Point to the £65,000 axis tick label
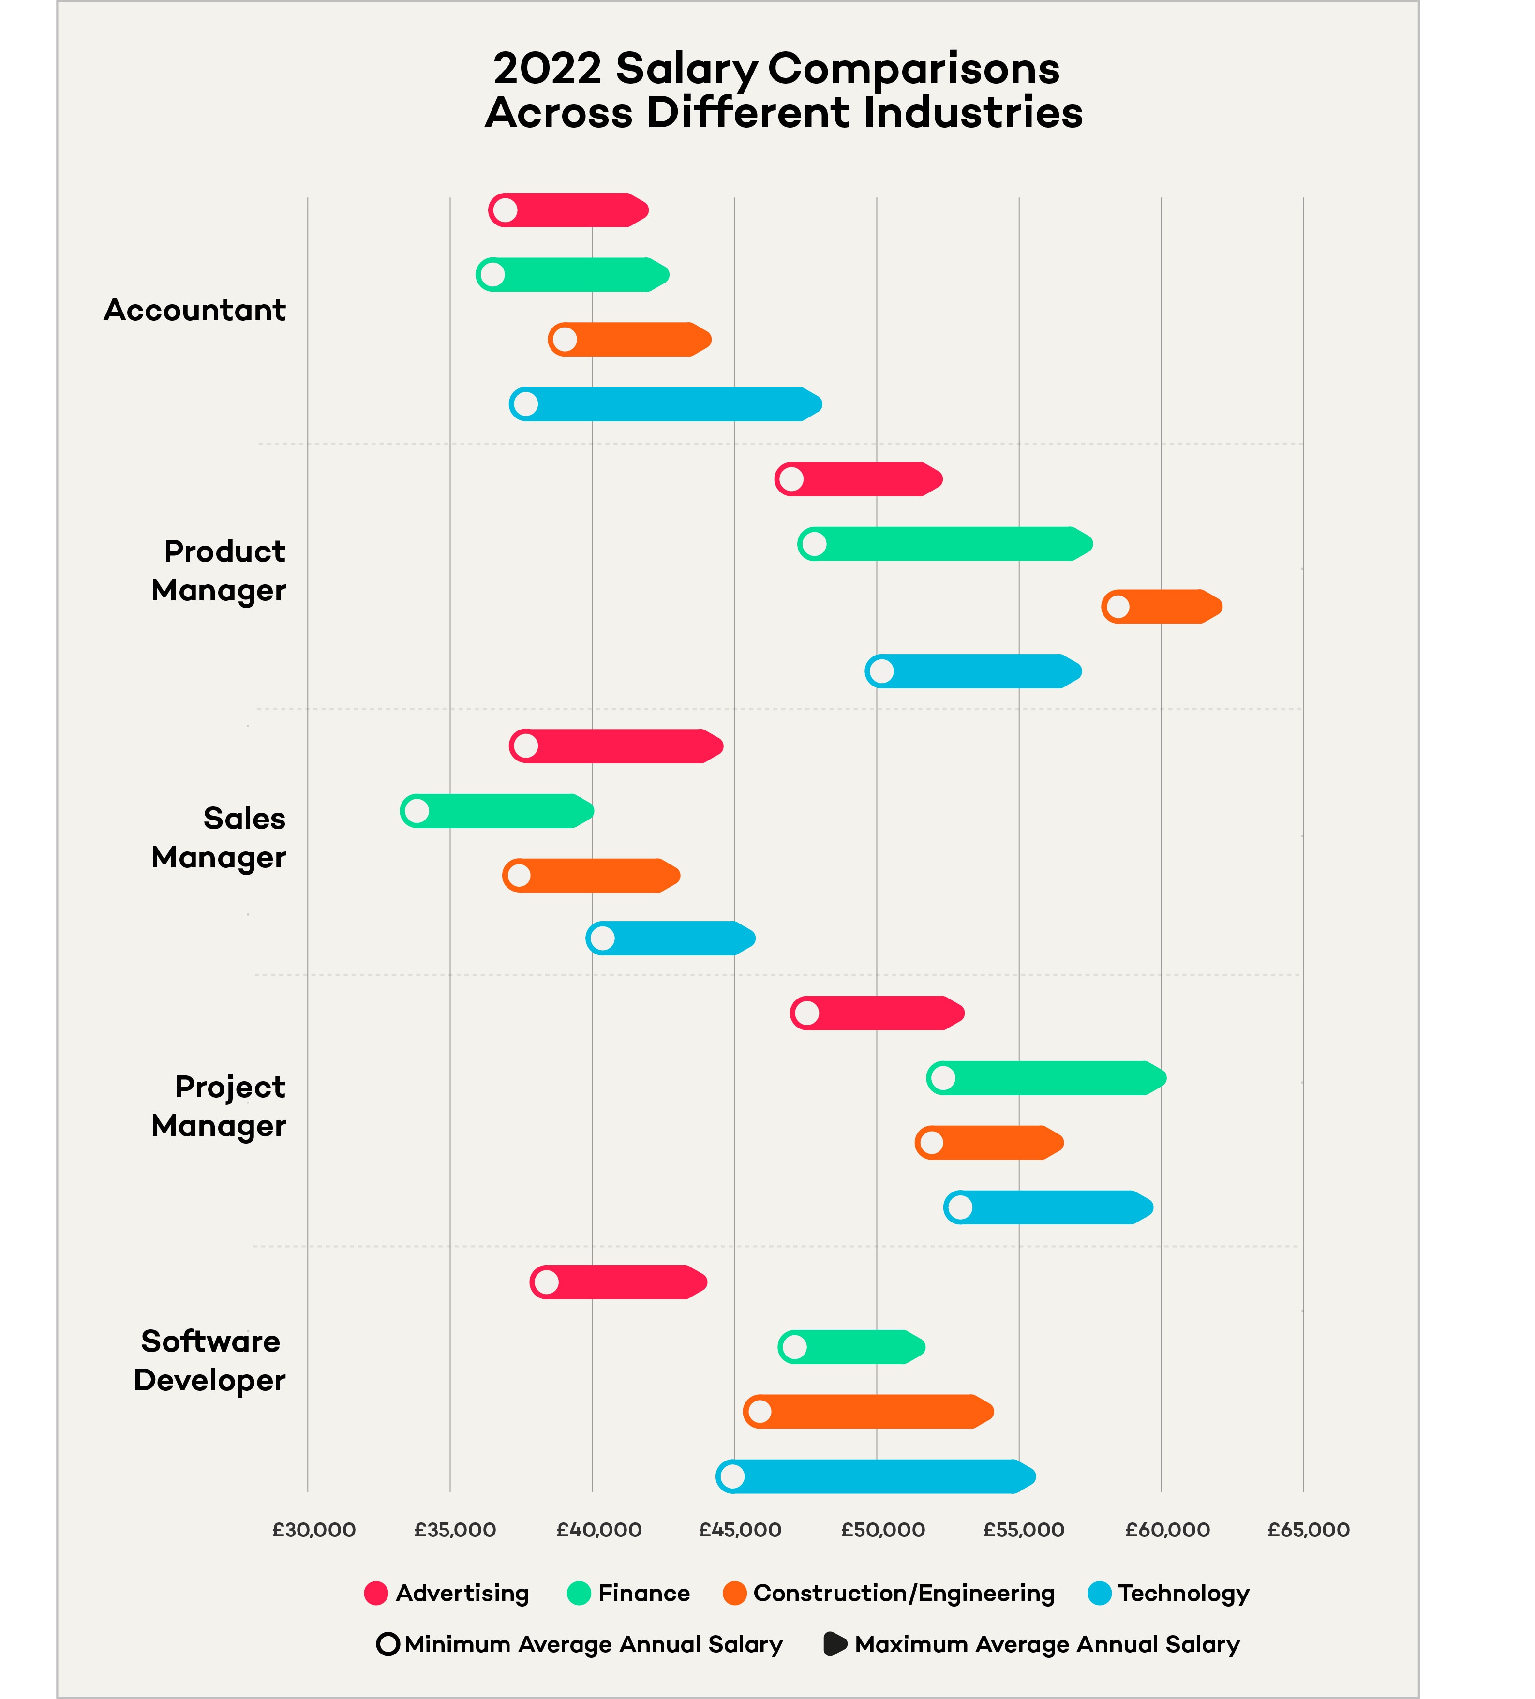pos(1308,1530)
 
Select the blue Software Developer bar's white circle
pos(732,1476)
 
